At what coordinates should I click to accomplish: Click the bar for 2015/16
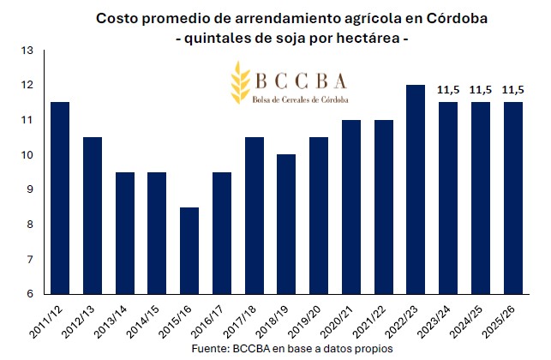click(x=190, y=250)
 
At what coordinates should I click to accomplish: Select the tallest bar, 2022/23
click(x=416, y=189)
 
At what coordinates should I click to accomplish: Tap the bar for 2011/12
click(x=60, y=198)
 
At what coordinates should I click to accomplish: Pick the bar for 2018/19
click(x=287, y=224)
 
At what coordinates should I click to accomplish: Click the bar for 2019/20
click(x=320, y=215)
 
